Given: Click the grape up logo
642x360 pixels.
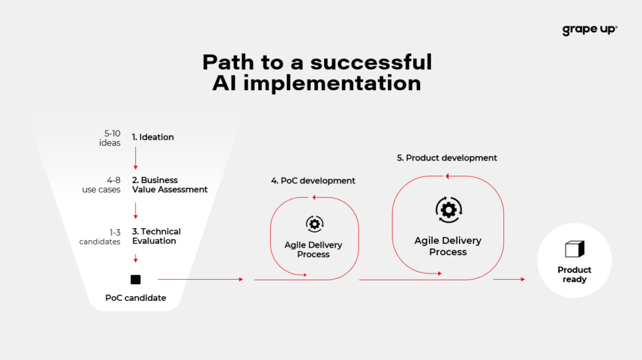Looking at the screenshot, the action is click(589, 30).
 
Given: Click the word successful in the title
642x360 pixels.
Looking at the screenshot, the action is click(371, 62).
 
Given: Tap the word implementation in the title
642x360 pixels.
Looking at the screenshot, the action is click(332, 83).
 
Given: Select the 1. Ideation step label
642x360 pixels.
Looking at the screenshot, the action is click(153, 137).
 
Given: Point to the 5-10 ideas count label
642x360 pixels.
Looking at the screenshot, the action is click(110, 138).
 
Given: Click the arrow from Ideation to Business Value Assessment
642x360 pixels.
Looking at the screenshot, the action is click(135, 159).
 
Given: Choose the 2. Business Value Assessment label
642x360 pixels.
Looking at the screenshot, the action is click(169, 185).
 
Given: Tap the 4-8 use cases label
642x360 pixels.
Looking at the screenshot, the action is click(102, 185).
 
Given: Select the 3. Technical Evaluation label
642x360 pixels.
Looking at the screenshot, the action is click(156, 236).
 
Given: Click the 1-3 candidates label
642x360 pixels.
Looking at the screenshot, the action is click(100, 237).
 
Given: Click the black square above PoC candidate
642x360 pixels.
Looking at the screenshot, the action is click(135, 280).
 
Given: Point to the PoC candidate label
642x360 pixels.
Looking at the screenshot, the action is click(135, 298).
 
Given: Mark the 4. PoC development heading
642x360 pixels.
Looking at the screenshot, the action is click(313, 181).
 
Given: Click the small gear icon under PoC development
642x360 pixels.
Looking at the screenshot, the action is click(315, 224).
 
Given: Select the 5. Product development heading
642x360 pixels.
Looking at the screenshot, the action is click(447, 157).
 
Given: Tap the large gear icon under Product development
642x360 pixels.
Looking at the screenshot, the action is click(449, 209).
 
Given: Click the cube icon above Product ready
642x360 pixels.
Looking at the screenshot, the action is click(574, 249).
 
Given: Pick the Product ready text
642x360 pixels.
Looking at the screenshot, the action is click(574, 275).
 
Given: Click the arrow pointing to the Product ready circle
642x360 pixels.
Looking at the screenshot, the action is click(509, 279).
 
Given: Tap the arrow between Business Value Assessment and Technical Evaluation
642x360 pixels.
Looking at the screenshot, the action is click(135, 211).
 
